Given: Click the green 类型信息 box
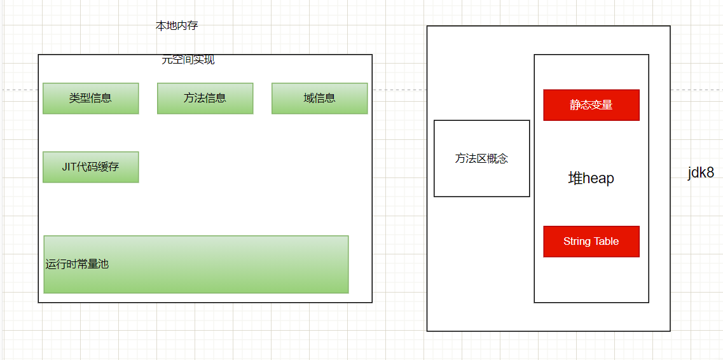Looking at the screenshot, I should click(x=90, y=99).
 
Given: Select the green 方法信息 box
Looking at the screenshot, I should click(x=205, y=99).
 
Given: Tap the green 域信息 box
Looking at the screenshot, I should click(x=319, y=99).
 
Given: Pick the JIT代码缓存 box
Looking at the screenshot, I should click(x=90, y=167).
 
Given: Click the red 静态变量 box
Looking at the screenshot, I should click(x=591, y=105).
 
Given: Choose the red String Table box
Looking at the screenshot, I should click(x=591, y=242).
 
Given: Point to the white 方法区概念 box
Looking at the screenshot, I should click(x=481, y=159).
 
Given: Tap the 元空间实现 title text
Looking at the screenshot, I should click(x=188, y=60).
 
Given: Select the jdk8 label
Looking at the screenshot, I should click(x=701, y=173).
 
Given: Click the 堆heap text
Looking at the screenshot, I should click(x=591, y=179).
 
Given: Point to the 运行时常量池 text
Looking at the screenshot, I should click(x=77, y=264).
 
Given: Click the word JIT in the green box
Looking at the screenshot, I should click(x=69, y=167).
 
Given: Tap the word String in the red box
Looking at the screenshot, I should click(x=577, y=242).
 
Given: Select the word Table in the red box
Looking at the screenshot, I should click(x=606, y=242).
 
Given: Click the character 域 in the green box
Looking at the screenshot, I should click(x=309, y=99).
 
